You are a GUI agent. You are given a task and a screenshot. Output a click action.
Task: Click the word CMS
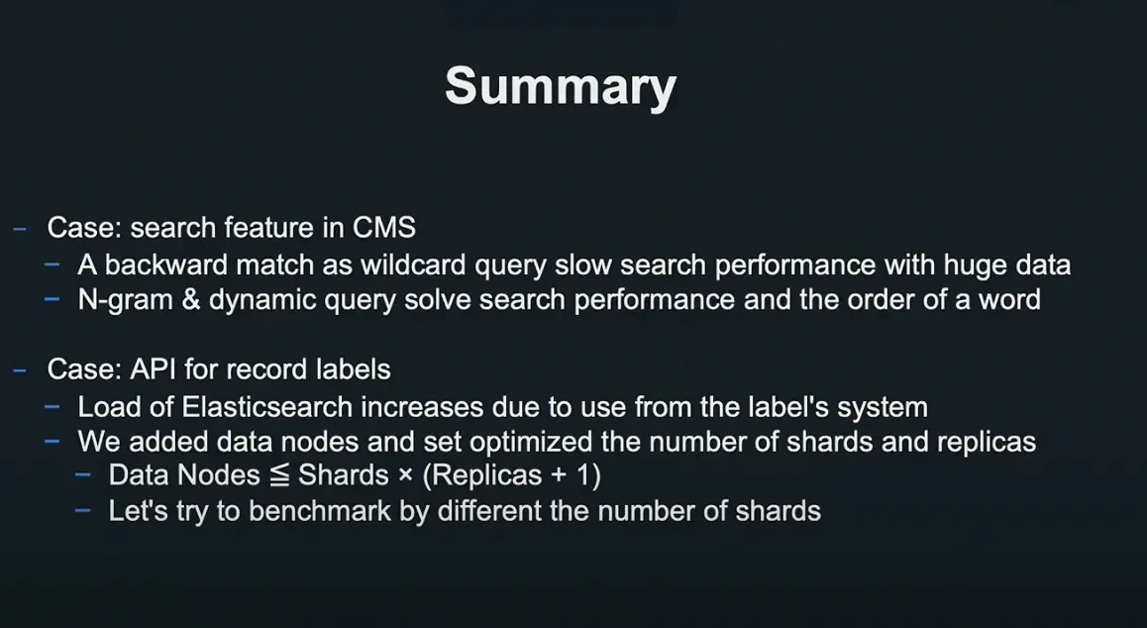pos(384,228)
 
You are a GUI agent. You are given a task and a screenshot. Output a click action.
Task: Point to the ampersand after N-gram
pos(190,300)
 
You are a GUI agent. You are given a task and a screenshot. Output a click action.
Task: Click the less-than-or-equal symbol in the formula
pos(279,475)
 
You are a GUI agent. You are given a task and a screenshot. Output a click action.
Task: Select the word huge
pos(971,264)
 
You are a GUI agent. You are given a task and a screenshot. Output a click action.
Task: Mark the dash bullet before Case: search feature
pos(20,229)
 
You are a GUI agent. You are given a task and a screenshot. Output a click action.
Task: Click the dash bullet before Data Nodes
pos(82,475)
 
